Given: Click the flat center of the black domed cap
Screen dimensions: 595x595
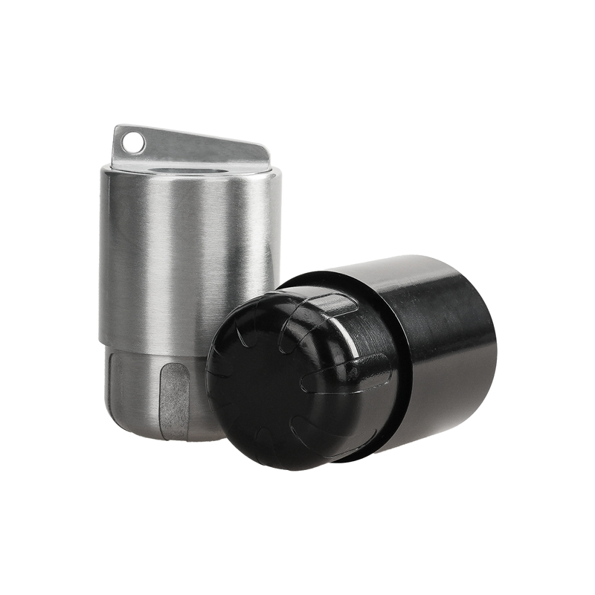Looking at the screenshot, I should coord(253,387).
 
